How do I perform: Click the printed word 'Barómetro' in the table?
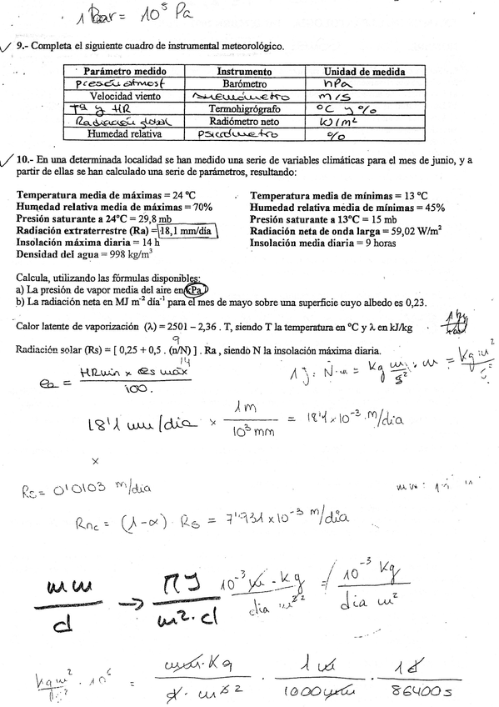[x=244, y=84]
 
